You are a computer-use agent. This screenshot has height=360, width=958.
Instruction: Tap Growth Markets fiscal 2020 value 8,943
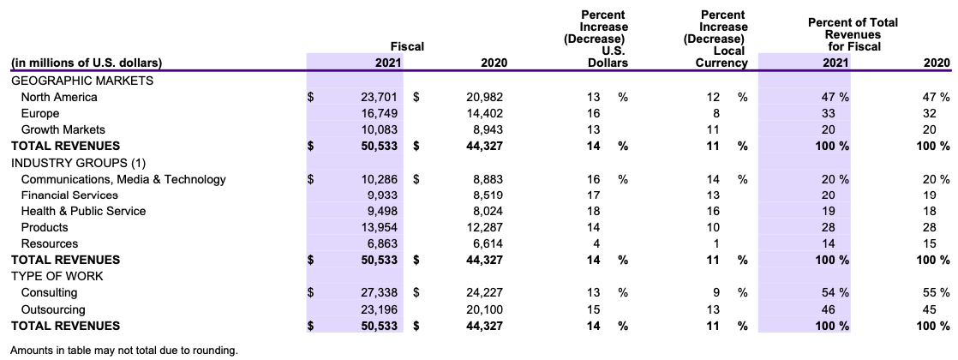pos(485,129)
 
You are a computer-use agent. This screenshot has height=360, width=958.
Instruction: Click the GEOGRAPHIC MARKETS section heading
pos(81,81)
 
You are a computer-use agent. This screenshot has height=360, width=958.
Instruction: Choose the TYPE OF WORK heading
pos(57,276)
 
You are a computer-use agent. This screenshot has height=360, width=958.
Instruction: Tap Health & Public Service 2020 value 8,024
pos(485,211)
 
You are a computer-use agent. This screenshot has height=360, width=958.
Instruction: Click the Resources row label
pos(49,243)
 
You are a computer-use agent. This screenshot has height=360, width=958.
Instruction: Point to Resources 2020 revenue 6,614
pos(485,243)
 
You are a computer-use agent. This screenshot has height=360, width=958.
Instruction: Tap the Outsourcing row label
pos(53,309)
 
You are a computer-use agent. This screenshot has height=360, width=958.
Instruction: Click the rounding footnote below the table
pos(123,350)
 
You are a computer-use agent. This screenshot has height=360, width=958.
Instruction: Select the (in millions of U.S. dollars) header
pos(86,63)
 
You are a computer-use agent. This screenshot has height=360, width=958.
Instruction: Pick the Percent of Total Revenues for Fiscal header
pos(853,33)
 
